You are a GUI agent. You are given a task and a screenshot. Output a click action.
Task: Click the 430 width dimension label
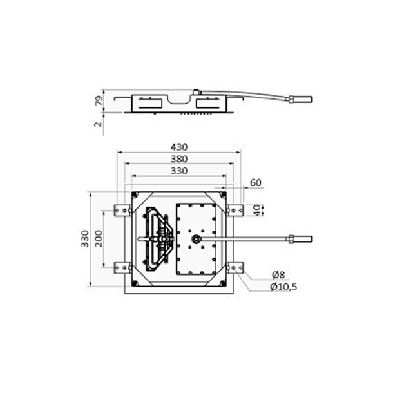179,147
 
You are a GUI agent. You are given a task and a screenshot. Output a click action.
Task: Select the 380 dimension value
179,159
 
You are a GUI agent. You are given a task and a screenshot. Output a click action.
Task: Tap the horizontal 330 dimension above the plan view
179,170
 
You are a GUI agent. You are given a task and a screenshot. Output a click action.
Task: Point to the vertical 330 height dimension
85,238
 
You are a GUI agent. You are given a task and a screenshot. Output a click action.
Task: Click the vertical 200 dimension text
98,238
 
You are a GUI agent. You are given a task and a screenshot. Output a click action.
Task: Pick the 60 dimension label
256,183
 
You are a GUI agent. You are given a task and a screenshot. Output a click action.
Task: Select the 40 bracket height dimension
257,210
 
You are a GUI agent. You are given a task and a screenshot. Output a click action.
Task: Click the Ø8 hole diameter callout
278,275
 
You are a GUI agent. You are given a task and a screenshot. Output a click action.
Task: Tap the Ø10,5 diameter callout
283,287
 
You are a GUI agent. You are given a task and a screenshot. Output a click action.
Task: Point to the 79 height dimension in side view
98,100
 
